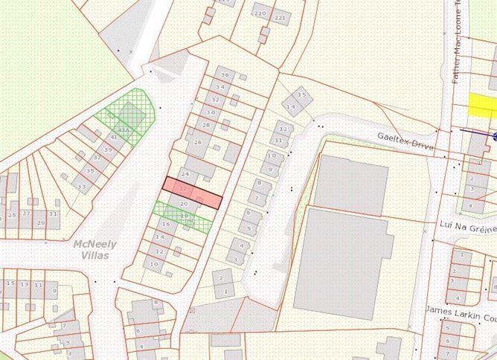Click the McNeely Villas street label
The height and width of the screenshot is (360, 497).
point(91,249)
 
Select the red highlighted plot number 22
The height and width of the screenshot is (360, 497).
point(192,192)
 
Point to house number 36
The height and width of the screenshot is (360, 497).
point(224,75)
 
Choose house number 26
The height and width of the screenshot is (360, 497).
point(198,142)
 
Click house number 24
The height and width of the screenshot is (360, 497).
point(186,174)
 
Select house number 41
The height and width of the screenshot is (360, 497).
point(113,137)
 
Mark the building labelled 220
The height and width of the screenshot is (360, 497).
point(260,14)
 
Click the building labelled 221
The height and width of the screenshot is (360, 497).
point(280,17)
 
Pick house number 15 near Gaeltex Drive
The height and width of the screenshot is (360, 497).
point(301,94)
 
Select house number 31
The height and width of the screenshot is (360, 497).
point(53,213)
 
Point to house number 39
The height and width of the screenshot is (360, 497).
point(108,150)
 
